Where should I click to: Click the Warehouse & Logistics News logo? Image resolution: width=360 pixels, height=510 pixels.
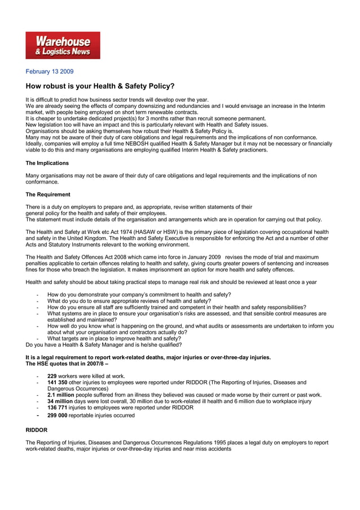coord(63,45)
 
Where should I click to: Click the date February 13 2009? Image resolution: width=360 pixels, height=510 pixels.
coord(50,72)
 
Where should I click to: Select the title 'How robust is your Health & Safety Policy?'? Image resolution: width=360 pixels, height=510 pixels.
coord(100,86)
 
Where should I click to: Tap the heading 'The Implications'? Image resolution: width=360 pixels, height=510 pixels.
coord(47,163)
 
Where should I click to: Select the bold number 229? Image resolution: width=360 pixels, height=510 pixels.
coord(52,376)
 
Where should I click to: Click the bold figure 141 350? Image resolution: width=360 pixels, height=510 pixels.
coord(58,382)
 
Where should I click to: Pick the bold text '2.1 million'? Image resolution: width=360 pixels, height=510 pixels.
coord(60,395)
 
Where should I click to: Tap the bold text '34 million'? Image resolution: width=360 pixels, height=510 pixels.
coord(59,401)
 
